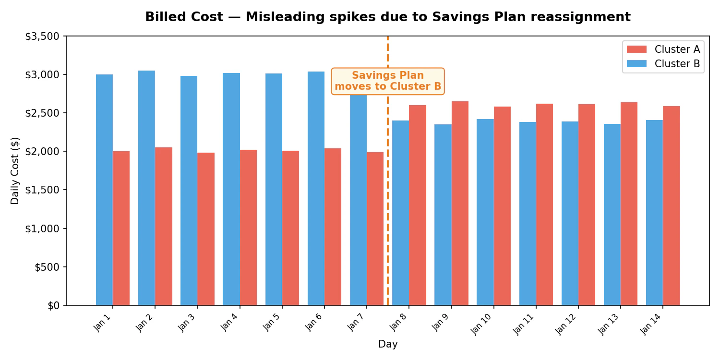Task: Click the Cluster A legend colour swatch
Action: pos(636,49)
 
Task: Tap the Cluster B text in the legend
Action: pos(677,64)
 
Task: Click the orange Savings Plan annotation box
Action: pos(388,81)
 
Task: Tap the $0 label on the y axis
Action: pos(53,306)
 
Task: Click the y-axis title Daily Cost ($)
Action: pos(15,171)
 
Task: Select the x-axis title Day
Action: pos(388,344)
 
